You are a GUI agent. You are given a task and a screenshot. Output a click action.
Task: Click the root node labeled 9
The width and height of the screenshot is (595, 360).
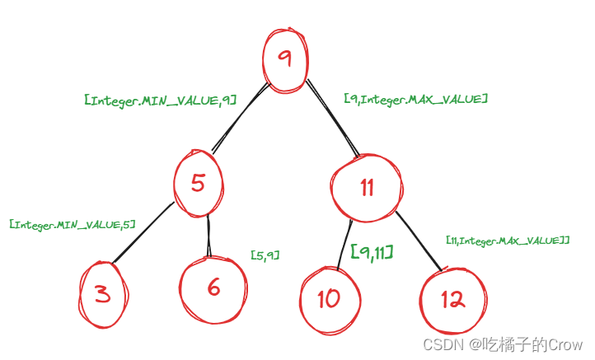pos(286,58)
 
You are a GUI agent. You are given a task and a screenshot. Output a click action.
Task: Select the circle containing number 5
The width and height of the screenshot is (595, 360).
pos(198,182)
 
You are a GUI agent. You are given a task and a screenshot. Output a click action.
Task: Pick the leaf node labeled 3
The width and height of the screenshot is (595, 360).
pos(103,294)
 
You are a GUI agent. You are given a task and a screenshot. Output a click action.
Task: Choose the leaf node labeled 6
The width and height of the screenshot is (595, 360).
pos(213,288)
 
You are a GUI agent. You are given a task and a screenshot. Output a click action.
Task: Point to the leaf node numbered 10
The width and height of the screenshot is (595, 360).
pos(329,298)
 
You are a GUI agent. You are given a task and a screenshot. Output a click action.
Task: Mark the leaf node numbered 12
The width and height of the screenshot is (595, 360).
pos(452,299)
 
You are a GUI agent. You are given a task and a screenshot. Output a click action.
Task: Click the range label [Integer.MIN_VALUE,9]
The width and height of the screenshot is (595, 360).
pos(161,100)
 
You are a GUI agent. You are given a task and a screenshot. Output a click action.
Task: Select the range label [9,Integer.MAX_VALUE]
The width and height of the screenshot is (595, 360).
pos(415,99)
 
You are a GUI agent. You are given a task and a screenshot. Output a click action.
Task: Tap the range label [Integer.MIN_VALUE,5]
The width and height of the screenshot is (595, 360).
pos(72,223)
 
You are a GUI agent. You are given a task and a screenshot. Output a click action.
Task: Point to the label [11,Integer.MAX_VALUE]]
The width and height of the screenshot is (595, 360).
pos(508,240)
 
